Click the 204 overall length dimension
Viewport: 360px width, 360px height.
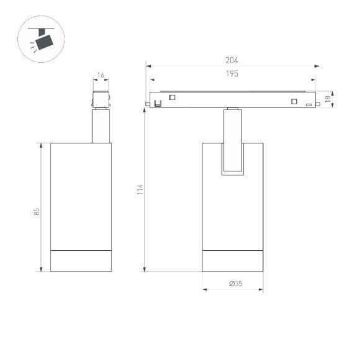click(x=232, y=60)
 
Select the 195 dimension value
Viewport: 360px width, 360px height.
click(x=232, y=73)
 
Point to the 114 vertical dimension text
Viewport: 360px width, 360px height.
click(x=140, y=190)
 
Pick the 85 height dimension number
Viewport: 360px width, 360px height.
click(x=37, y=212)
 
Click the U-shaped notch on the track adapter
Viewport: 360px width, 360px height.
click(x=158, y=101)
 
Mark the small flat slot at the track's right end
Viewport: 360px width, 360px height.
click(x=308, y=105)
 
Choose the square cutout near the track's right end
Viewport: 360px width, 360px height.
click(x=294, y=102)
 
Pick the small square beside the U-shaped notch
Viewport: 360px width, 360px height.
click(x=172, y=97)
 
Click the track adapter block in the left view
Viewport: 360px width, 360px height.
click(x=101, y=100)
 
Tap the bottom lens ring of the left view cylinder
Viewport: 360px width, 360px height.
click(x=81, y=261)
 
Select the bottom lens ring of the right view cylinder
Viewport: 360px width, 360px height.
click(x=233, y=261)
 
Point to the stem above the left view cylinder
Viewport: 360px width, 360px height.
click(x=101, y=126)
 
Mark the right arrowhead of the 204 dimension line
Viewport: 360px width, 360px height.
click(x=317, y=65)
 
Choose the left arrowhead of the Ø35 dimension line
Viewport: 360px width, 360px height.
click(x=205, y=290)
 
